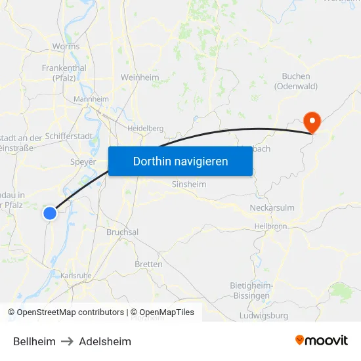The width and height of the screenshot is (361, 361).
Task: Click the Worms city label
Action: pos(66,47)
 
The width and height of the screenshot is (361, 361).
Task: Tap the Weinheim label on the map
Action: pos(140,77)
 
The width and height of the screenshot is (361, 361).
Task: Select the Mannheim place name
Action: pos(91,99)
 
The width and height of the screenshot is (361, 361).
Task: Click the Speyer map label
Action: pos(83,161)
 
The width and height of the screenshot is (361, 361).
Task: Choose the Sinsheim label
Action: pos(188,184)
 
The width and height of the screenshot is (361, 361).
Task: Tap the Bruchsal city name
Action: pos(122,232)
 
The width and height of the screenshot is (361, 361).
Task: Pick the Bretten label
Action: pos(148,265)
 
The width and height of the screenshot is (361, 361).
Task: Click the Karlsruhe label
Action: pos(76,276)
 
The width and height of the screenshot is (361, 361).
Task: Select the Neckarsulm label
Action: pos(272,208)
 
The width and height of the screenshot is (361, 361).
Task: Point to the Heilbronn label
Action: pos(270,226)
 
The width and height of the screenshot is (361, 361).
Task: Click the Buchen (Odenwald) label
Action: pos(295,81)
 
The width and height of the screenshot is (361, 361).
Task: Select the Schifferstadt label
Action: pos(69,137)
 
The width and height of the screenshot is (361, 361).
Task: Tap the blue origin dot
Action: pos(50,213)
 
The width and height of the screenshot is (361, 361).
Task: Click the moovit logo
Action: pos(322,341)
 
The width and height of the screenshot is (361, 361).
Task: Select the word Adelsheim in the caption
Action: pos(105,341)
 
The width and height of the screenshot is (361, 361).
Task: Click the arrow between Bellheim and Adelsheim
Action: pos(67,341)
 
